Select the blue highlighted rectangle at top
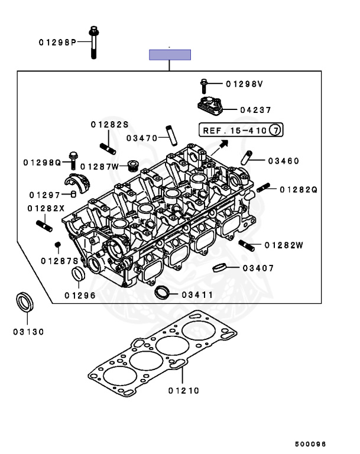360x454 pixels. [x=170, y=55]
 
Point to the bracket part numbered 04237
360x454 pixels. [x=209, y=106]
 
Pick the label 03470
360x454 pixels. [x=142, y=138]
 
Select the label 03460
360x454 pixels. [x=283, y=161]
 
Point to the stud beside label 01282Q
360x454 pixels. [x=263, y=189]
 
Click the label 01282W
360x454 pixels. [x=284, y=245]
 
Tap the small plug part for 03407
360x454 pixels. [x=219, y=267]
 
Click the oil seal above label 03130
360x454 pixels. [x=24, y=302]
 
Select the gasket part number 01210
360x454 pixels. [x=183, y=390]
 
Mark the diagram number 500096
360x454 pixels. [x=311, y=444]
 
